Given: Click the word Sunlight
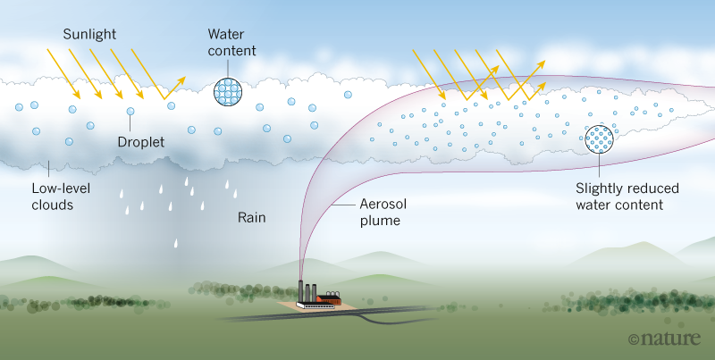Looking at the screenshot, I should [x=91, y=34].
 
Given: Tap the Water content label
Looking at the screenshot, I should [x=231, y=42].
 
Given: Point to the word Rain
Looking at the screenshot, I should [x=253, y=217].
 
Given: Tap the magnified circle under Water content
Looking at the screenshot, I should [x=231, y=90].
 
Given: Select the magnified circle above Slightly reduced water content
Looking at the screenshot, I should [x=599, y=138].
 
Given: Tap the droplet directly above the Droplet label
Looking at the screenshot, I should [x=130, y=112].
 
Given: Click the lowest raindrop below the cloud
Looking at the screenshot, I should [x=177, y=241].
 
